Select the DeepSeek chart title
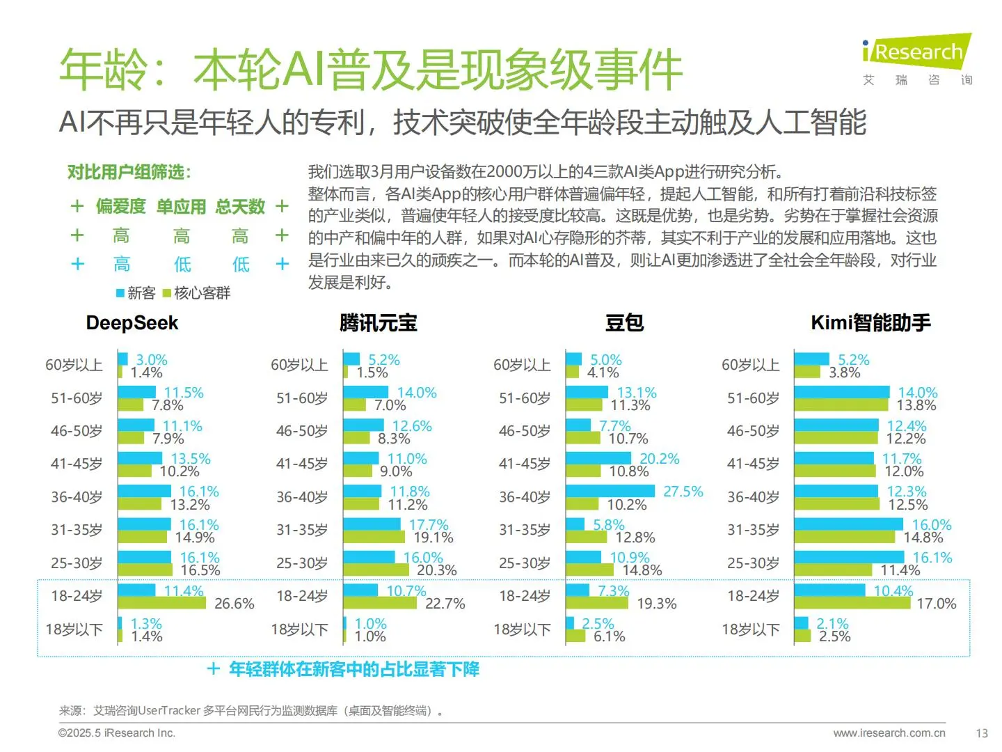[x=132, y=323]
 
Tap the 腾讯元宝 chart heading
[x=378, y=323]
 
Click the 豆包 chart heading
[x=624, y=323]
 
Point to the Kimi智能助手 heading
[x=870, y=323]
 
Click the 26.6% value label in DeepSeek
[x=234, y=604]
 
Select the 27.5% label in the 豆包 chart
[x=683, y=492]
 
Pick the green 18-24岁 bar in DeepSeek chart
[x=161, y=603]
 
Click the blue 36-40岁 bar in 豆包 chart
[x=610, y=492]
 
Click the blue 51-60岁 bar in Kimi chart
[x=841, y=392]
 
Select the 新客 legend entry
[x=136, y=293]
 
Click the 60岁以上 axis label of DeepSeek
[x=74, y=365]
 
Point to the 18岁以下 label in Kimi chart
[x=750, y=629]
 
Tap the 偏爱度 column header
[x=120, y=207]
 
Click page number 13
[x=981, y=733]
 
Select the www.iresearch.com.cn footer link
[x=889, y=733]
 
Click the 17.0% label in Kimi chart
[x=936, y=604]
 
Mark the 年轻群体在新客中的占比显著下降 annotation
[x=353, y=669]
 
